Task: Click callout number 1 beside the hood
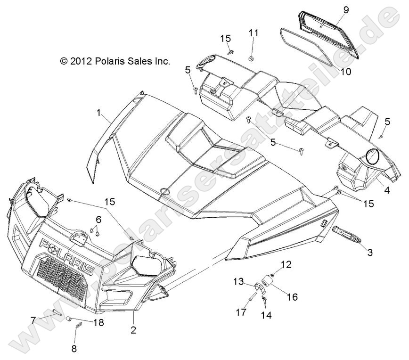point(98,113)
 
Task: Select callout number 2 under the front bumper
point(133,330)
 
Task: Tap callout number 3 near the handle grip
point(369,253)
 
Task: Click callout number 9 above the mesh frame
point(346,10)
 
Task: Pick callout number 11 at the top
point(254,33)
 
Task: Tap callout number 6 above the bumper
point(98,219)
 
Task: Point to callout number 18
point(99,323)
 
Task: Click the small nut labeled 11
point(252,58)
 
